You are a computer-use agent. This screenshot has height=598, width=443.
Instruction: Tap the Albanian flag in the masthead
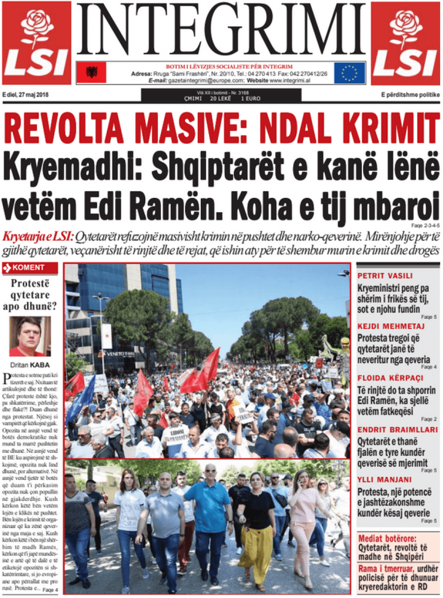tap(92, 73)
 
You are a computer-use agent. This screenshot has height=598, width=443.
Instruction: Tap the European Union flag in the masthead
tap(349, 73)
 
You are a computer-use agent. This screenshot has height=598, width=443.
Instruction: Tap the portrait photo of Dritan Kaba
tap(30, 336)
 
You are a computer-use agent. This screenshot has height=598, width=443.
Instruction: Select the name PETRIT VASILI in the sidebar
tap(385, 276)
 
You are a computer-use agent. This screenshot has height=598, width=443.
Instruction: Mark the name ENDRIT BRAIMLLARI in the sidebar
tap(397, 429)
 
